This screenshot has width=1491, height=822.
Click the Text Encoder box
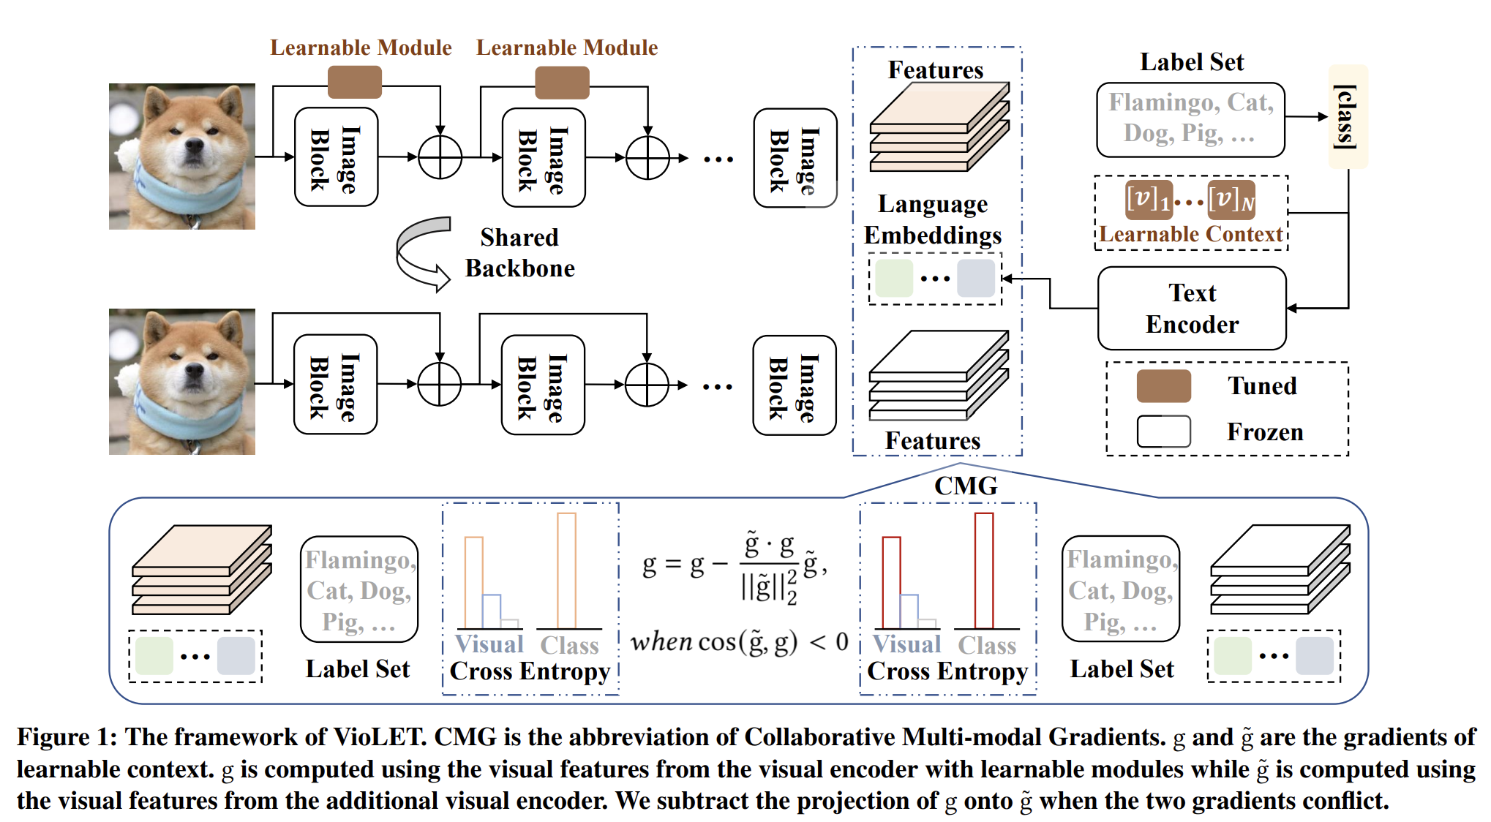click(1191, 309)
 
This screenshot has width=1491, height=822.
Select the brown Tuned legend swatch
click(1163, 386)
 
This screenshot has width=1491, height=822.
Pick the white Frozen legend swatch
click(1163, 431)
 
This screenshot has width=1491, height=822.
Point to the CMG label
click(966, 486)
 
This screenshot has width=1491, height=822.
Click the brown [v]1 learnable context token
click(1149, 200)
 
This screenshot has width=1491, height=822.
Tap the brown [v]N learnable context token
click(1231, 200)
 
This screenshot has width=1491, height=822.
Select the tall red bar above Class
click(983, 570)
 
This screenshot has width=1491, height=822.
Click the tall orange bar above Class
click(566, 570)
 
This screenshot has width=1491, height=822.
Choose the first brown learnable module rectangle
click(355, 82)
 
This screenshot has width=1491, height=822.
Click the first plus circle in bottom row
click(439, 384)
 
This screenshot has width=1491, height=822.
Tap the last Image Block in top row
click(795, 159)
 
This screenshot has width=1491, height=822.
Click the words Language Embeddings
click(933, 219)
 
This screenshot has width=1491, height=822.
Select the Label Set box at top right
click(1190, 120)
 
